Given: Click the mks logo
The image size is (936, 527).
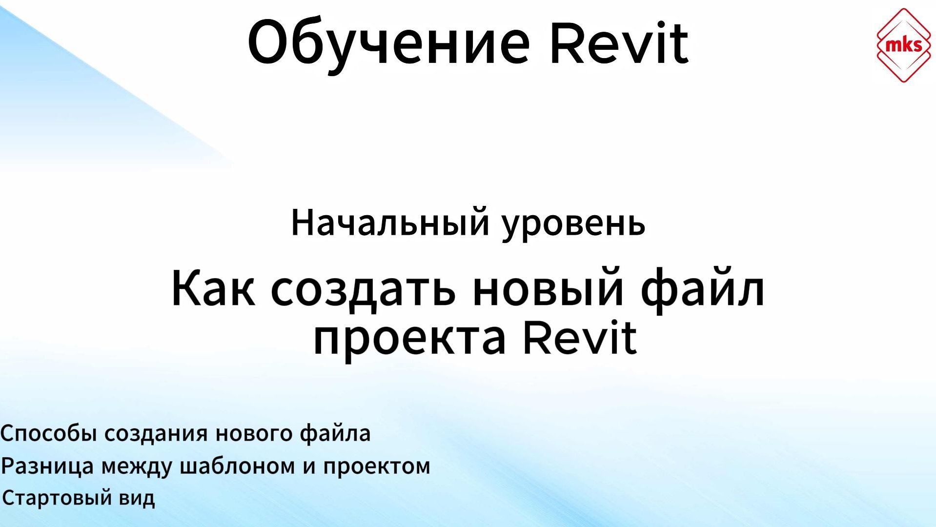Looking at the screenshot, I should pos(903,45).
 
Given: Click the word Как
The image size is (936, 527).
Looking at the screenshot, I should pos(213,288).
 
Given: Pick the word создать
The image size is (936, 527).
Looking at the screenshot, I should pos(363,289).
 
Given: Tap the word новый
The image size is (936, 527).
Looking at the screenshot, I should pos(548,288).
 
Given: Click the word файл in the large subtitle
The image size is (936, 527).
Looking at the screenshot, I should pos(703,289).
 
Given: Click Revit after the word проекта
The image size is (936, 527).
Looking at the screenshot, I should pos(580,338).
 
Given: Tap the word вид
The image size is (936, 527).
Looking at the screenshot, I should pos(137,498).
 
